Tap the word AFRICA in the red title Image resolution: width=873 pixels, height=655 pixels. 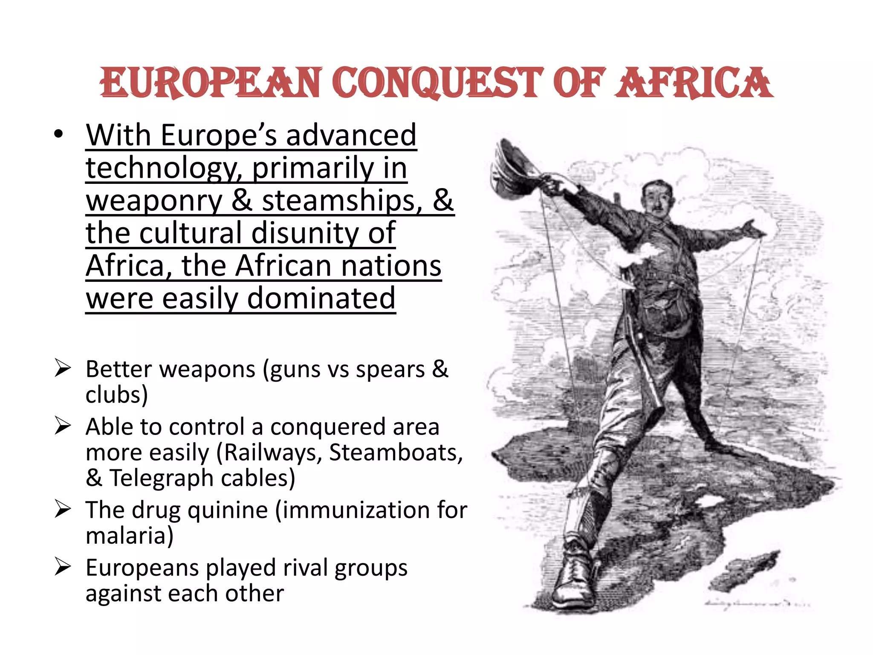[x=694, y=83]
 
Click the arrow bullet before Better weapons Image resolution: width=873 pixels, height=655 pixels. [x=62, y=368]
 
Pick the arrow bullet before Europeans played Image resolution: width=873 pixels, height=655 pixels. [x=62, y=567]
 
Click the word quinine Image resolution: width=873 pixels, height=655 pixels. [x=228, y=510]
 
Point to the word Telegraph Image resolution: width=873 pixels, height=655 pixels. [x=161, y=478]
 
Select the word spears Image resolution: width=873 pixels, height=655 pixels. [x=390, y=369]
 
